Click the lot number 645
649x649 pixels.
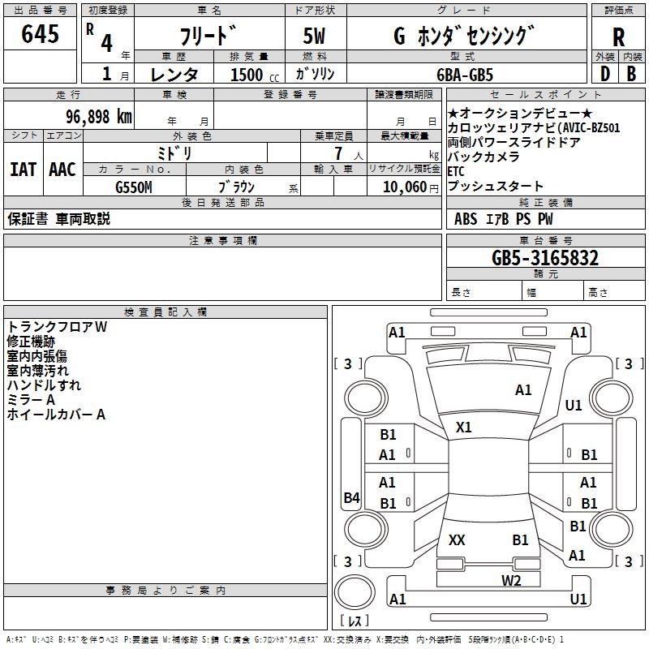40,33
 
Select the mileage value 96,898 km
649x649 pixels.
99,117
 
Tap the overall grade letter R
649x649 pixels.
618,37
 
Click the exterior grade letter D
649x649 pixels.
605,74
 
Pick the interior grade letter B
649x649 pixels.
631,74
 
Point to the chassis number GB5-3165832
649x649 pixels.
545,258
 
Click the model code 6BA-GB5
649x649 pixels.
465,75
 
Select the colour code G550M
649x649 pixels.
134,187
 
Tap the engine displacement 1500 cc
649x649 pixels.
255,75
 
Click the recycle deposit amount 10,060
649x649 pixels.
405,187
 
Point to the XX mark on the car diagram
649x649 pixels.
457,539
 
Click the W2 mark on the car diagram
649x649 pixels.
511,580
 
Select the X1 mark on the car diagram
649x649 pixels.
463,428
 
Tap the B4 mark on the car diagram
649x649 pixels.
352,497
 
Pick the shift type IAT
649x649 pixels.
24,170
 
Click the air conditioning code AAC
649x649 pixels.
62,170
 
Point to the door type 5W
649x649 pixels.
314,36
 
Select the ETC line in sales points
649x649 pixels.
456,171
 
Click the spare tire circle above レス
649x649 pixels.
355,592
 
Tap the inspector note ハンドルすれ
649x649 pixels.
44,385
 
